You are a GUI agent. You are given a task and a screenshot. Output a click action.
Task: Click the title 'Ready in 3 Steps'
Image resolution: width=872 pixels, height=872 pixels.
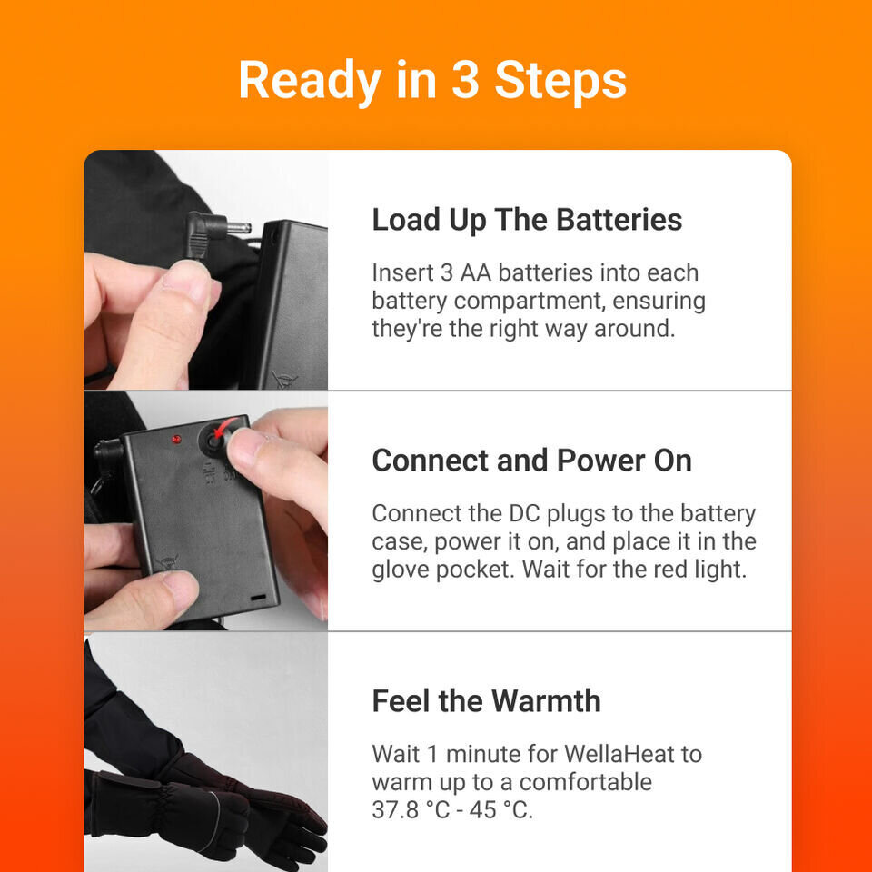coord(432,80)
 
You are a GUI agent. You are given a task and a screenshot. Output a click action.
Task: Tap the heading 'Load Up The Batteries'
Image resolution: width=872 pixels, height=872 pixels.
coord(527,220)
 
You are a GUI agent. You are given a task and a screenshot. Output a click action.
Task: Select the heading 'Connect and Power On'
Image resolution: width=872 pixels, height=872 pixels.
coord(531,461)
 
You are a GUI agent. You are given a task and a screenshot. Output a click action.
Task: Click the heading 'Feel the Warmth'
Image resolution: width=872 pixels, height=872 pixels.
coord(486,701)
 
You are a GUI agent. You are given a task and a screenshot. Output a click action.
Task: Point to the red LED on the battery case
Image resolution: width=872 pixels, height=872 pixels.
coord(175,439)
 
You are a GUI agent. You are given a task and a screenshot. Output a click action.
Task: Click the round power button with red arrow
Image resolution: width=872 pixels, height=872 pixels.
coord(216,439)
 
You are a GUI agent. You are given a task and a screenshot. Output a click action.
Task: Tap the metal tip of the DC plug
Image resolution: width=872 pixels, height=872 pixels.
coord(239,228)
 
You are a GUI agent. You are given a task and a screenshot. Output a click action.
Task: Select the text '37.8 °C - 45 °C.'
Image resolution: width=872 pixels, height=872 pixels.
coord(452,810)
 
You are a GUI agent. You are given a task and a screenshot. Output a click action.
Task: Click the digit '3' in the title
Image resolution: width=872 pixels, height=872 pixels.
coord(465,80)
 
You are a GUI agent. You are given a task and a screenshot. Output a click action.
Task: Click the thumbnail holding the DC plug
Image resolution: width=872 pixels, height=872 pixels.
coord(205,270)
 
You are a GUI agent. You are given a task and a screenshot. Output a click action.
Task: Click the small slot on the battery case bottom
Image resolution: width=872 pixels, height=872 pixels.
coord(259,599)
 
